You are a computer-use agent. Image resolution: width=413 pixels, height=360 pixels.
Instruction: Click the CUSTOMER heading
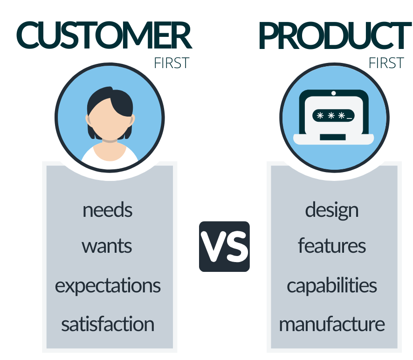[x=103, y=35]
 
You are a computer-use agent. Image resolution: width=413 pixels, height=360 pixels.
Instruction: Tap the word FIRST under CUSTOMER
[x=172, y=63]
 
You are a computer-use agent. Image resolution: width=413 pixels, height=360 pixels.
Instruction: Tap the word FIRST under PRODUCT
[x=386, y=63]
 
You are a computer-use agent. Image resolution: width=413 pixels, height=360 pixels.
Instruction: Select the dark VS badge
[x=224, y=247]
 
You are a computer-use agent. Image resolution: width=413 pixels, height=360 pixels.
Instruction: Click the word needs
[x=107, y=210]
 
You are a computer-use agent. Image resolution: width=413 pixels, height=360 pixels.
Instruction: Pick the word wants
[x=107, y=246]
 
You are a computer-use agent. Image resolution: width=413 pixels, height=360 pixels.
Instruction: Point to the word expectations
[x=108, y=285]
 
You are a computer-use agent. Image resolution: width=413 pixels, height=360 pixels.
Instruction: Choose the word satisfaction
[x=108, y=324]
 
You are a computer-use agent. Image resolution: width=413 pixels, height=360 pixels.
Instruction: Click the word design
[x=332, y=210]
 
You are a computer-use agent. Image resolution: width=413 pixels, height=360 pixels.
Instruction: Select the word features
[x=332, y=246]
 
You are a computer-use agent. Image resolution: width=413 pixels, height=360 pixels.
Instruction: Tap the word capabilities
[x=332, y=285]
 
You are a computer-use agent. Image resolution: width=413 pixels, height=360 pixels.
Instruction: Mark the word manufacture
[x=332, y=324]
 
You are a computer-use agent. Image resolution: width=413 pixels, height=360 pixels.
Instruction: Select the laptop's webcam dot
[x=333, y=93]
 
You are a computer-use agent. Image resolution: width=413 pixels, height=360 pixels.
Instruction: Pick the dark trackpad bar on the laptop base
[x=333, y=137]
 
